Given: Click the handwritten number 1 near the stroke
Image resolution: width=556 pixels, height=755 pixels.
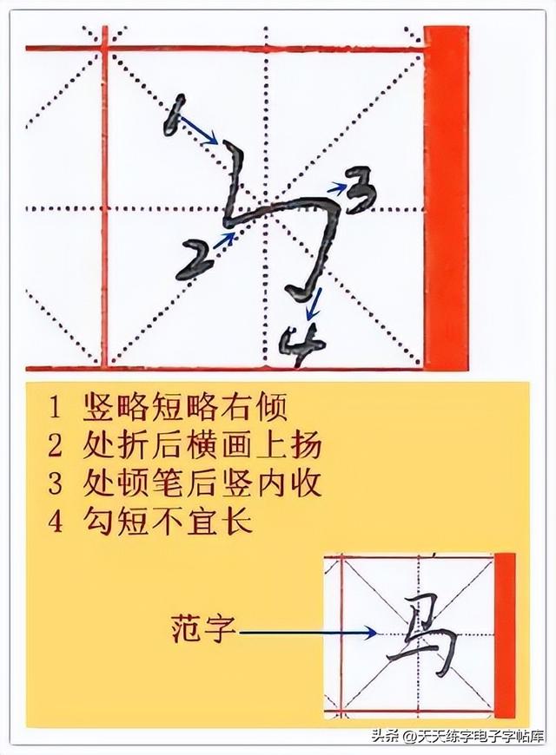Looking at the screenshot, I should [171, 115].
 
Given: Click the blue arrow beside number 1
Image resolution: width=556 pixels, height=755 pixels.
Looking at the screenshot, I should [202, 131].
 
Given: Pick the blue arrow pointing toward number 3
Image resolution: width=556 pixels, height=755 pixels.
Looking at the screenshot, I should [338, 185].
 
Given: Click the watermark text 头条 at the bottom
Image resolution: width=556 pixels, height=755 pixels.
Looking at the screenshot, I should [386, 739].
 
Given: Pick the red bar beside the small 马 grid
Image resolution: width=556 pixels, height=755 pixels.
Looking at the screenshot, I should [505, 634].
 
